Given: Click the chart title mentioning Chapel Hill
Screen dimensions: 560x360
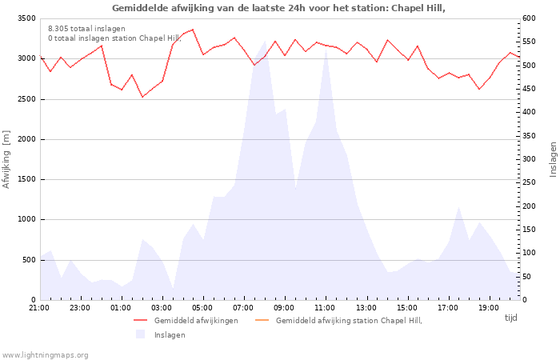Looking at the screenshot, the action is [278, 8].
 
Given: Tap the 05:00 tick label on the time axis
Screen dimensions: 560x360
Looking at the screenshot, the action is [202, 308].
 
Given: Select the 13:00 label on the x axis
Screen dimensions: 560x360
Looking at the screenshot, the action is [366, 308].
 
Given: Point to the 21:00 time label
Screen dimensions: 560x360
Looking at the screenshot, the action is [39, 308].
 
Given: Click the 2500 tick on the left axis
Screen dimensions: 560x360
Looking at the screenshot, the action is [26, 99].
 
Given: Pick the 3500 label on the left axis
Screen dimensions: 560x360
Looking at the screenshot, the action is [26, 18].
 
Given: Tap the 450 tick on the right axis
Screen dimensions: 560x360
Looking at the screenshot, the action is [529, 89].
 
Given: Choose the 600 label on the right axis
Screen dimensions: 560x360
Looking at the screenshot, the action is [529, 18].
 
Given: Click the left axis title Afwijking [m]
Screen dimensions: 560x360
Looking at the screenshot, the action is [6, 159].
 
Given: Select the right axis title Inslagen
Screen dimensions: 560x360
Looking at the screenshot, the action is [553, 159].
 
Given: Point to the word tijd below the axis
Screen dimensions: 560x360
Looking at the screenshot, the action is [510, 318].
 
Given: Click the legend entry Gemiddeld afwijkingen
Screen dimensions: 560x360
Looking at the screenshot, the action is [196, 320].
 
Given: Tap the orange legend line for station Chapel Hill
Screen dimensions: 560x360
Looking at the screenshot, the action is [262, 320].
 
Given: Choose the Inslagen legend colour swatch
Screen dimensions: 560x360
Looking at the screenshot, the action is [140, 334].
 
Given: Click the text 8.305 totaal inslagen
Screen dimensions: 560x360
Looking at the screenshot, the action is [86, 29].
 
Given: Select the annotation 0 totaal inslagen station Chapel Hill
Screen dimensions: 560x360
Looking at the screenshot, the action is [114, 38].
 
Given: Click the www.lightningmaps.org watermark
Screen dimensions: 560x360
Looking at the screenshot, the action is [45, 355].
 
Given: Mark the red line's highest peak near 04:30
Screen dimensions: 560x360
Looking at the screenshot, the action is [193, 30].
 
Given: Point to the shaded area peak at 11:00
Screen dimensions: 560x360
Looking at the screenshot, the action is [326, 47].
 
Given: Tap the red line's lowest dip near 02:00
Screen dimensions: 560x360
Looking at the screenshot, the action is [142, 97].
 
